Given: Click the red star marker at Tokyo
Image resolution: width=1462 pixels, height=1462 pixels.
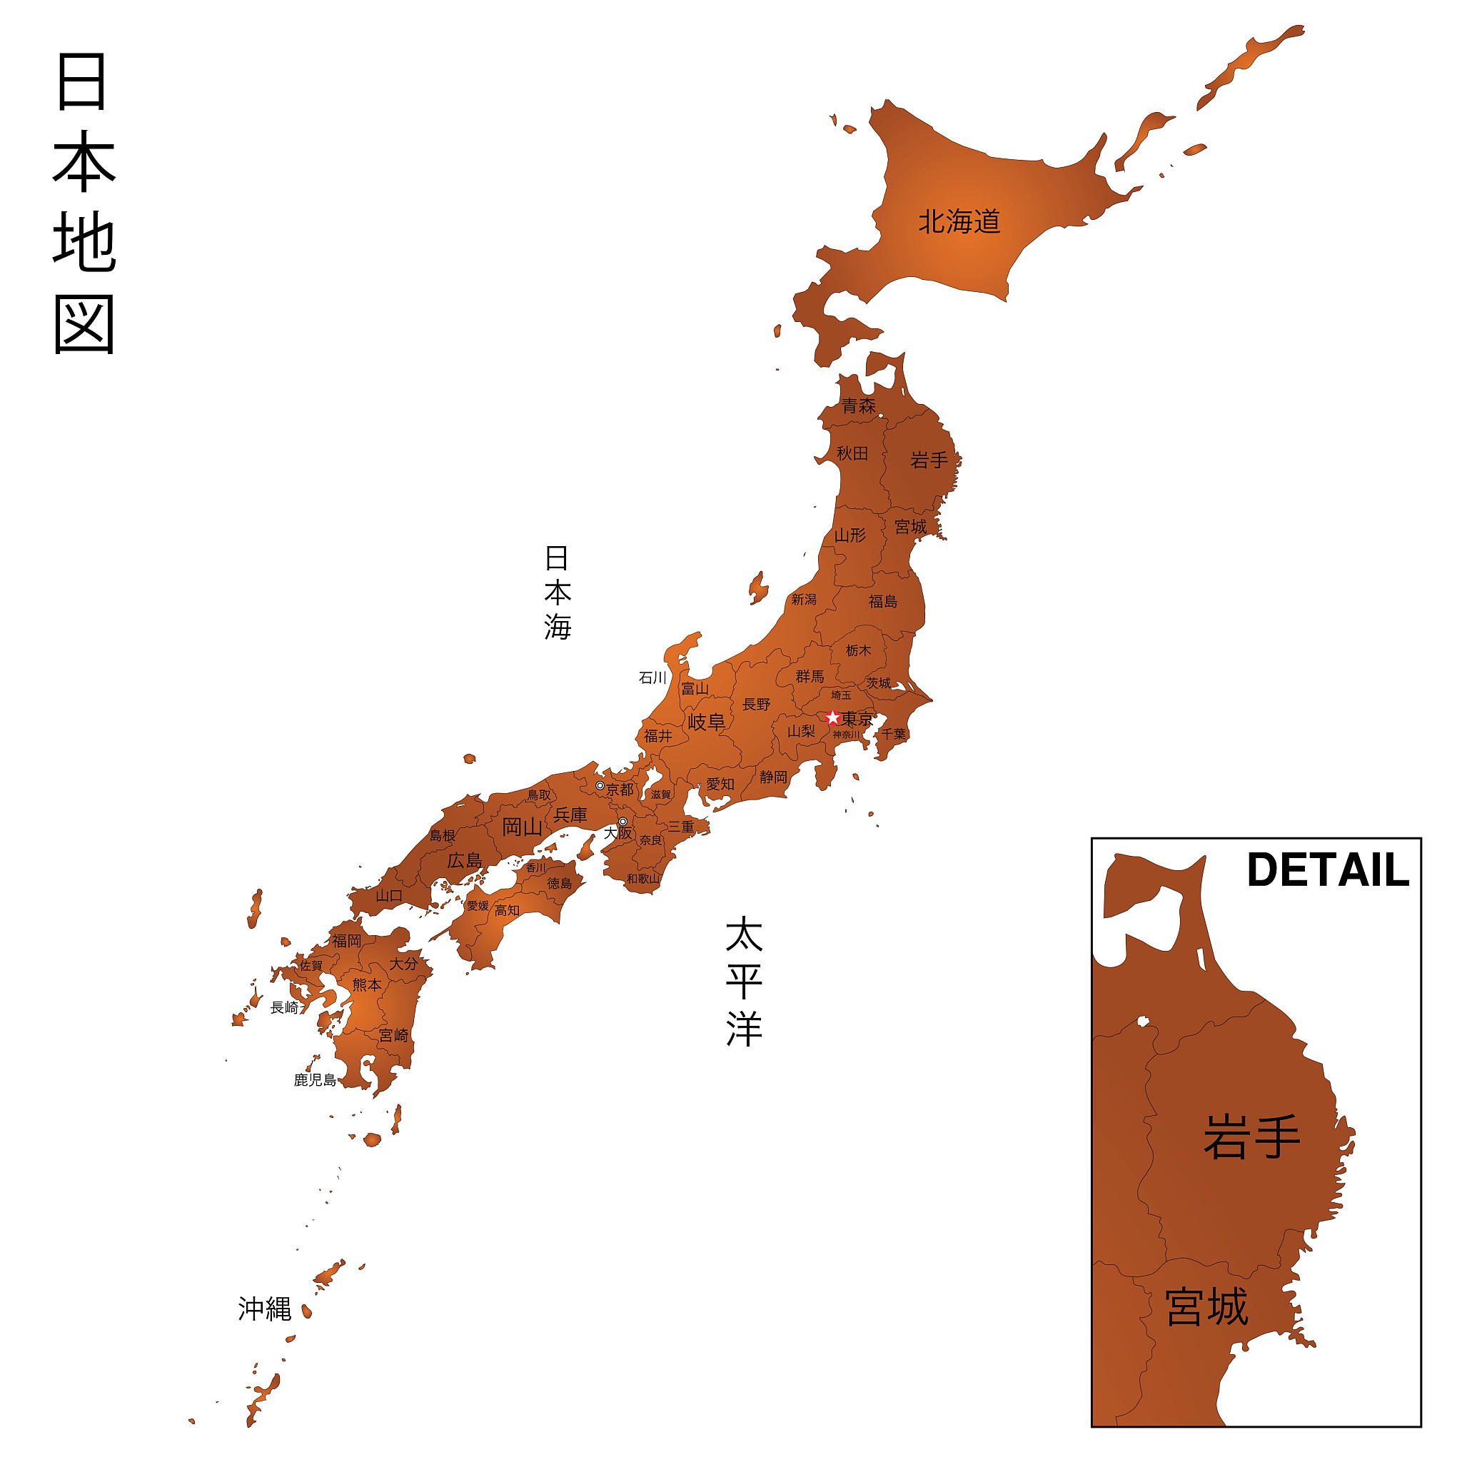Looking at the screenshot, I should tap(832, 717).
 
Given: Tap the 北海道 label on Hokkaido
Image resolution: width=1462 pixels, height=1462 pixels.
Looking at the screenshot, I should tap(959, 222).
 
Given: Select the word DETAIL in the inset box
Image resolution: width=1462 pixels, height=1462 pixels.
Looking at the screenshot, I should tap(1328, 870).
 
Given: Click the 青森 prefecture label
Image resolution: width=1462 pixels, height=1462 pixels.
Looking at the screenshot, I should tap(859, 406).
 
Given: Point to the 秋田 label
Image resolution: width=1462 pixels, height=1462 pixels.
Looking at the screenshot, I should tap(852, 453).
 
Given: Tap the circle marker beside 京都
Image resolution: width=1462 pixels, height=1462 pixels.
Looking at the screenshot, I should tap(600, 785).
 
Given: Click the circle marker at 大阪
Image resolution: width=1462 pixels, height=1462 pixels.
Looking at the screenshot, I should tap(622, 822).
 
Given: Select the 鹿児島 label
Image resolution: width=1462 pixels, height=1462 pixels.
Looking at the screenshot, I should tap(315, 1081).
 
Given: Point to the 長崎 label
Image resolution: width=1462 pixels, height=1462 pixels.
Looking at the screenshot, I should tap(286, 1007).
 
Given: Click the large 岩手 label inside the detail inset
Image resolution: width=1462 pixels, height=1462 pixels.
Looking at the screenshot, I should tap(1251, 1136).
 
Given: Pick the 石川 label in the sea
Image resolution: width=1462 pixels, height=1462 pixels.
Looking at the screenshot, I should tap(652, 678).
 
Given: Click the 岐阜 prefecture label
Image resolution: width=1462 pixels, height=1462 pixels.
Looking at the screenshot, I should tap(706, 722).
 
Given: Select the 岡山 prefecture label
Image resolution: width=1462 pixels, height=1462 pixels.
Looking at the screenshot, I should tap(522, 827).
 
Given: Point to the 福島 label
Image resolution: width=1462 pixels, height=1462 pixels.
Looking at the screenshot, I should tap(882, 602).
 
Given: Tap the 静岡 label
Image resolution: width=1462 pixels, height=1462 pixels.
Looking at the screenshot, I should tap(773, 777).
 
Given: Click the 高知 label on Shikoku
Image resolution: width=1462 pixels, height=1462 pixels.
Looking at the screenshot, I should tap(507, 910).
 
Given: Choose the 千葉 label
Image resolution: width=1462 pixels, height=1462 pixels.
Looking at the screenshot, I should tap(893, 734).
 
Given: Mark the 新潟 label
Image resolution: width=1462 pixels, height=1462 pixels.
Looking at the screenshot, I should tap(804, 600).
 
